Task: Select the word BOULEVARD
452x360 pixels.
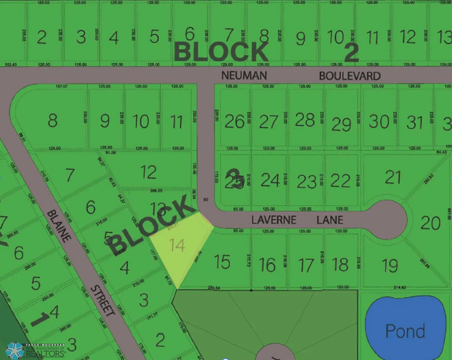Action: pyautogui.click(x=349, y=76)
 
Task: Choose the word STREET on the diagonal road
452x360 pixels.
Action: pyautogui.click(x=103, y=301)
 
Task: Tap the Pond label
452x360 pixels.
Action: pyautogui.click(x=405, y=331)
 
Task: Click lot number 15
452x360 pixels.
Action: pyautogui.click(x=222, y=261)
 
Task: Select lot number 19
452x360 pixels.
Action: pyautogui.click(x=389, y=265)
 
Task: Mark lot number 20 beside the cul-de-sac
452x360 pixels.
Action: pyautogui.click(x=431, y=222)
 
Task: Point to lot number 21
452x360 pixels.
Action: pyautogui.click(x=393, y=177)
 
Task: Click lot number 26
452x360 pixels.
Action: pyautogui.click(x=235, y=122)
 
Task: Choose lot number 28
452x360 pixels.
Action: pyautogui.click(x=305, y=120)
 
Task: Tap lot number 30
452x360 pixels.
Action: pyautogui.click(x=379, y=121)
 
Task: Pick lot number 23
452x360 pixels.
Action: pyautogui.click(x=307, y=181)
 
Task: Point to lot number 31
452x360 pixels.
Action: pyautogui.click(x=415, y=122)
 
